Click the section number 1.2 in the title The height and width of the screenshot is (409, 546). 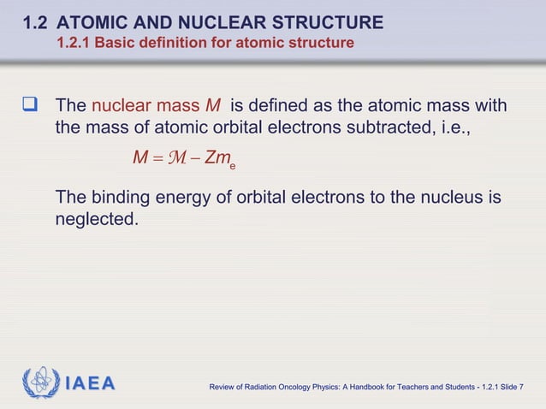tap(37, 21)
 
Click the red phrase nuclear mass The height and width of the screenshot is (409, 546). tap(145, 107)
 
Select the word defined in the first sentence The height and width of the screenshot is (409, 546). tap(282, 107)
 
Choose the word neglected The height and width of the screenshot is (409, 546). tap(96, 220)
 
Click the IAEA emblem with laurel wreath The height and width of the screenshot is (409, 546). tap(40, 382)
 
